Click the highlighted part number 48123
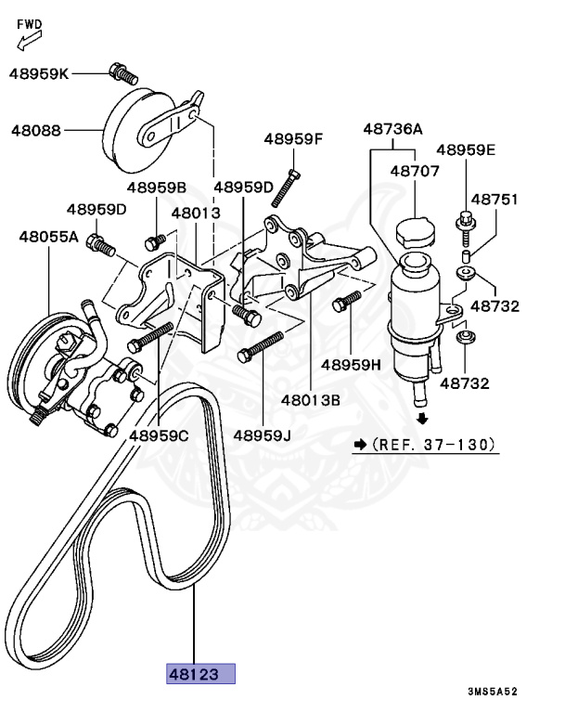(x=200, y=674)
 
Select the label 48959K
(x=39, y=71)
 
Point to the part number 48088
(x=36, y=131)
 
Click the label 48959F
(x=292, y=139)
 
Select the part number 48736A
(x=392, y=129)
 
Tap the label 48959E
(x=466, y=149)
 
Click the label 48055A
(x=48, y=237)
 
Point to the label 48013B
(x=312, y=400)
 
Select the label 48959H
(x=352, y=365)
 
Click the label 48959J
(x=262, y=434)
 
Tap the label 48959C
(x=158, y=434)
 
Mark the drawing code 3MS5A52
(x=492, y=692)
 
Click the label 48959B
(x=157, y=187)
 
